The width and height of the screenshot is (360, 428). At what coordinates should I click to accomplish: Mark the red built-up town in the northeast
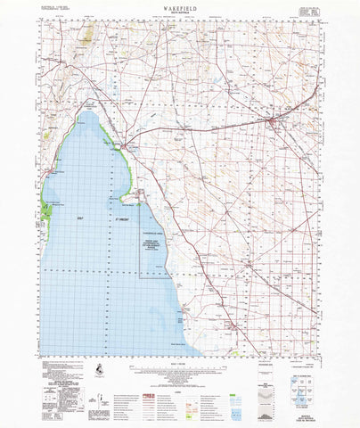coord(273,120)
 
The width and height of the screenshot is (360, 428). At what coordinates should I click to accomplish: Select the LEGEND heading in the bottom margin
coord(179,376)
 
